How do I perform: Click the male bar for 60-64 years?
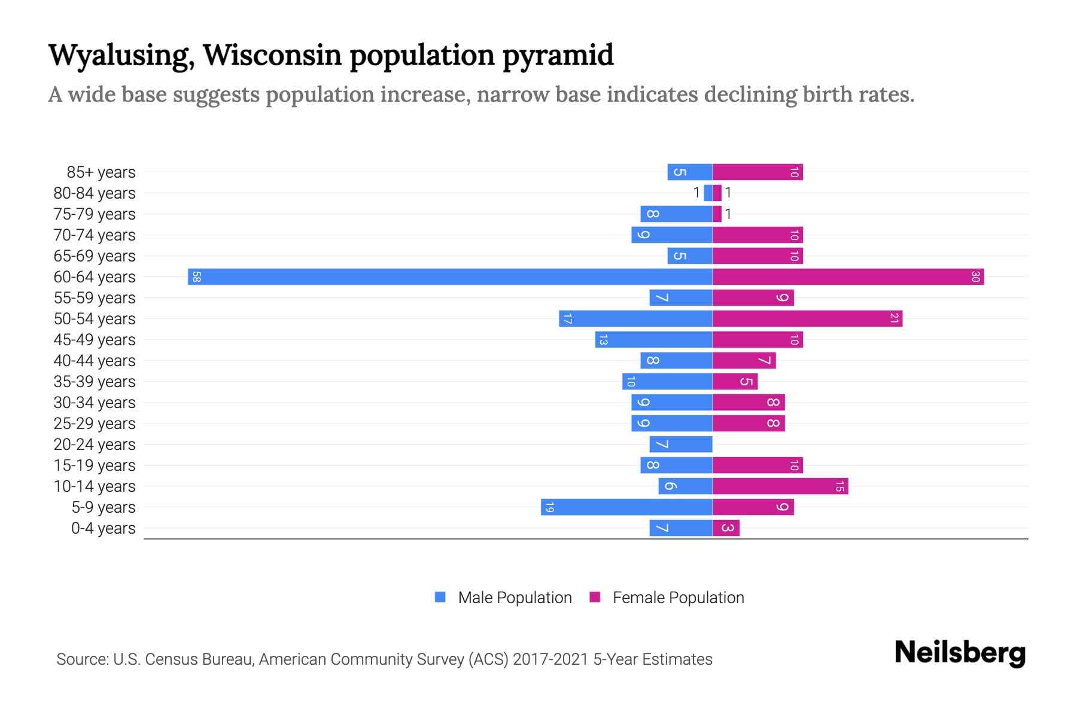click(450, 277)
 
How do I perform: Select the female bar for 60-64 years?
click(848, 277)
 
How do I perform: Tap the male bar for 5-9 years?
click(626, 507)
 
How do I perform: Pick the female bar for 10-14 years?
click(780, 486)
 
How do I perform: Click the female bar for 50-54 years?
click(807, 319)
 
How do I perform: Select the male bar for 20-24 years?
click(681, 445)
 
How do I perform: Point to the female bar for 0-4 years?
click(726, 528)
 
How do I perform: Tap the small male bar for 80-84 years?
click(708, 193)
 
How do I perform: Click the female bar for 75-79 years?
click(717, 214)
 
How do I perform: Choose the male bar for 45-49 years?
click(653, 340)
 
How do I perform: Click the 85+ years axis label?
click(101, 172)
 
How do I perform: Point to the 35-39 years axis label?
click(95, 382)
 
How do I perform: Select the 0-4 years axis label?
click(103, 528)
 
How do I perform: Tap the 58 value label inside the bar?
click(196, 277)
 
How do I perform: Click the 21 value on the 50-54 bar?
click(894, 319)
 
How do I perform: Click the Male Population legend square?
click(440, 597)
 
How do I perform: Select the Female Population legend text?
click(678, 598)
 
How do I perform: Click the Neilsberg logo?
click(960, 653)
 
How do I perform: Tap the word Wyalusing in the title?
click(121, 56)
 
